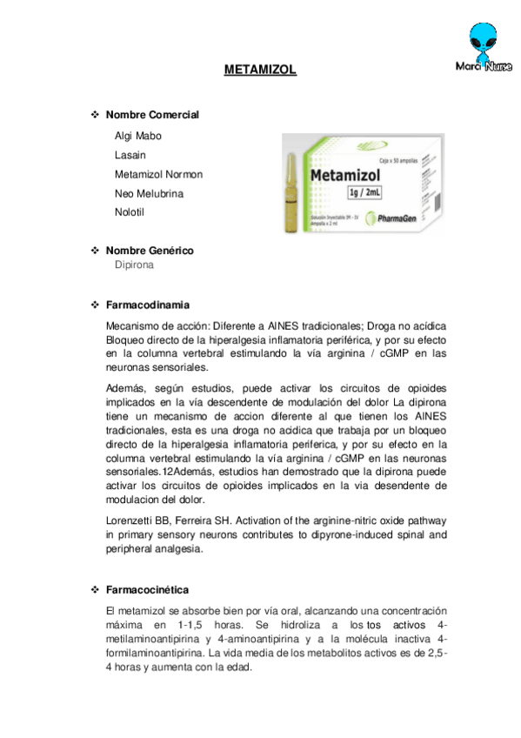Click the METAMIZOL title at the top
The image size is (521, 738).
pos(260,69)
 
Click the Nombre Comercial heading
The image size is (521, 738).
pos(152,115)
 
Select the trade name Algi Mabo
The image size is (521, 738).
pos(137,136)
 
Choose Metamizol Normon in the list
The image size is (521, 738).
pos(158,174)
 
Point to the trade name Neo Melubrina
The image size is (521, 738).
pos(149,193)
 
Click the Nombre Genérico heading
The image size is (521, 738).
pos(150,251)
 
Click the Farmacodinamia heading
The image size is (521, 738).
pos(148,305)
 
